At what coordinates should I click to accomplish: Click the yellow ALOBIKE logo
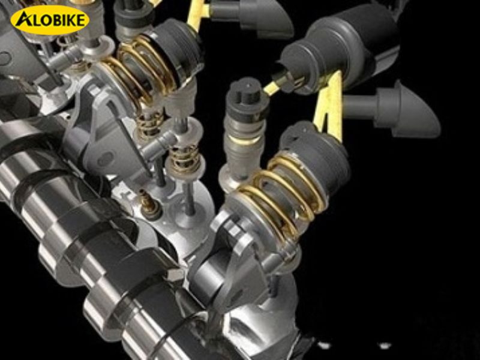50,20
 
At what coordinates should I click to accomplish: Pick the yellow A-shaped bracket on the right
329,106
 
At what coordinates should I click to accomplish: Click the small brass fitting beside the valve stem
149,203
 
